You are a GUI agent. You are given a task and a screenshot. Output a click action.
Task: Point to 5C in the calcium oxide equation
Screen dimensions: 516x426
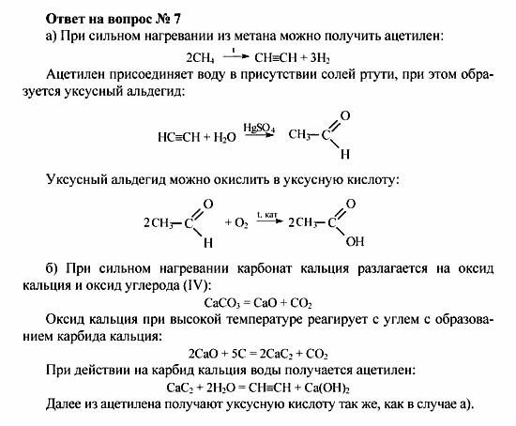(236, 356)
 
